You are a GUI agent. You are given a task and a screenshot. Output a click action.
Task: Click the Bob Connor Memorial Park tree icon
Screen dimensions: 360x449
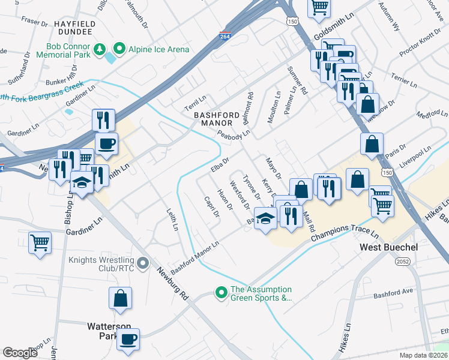[102, 49]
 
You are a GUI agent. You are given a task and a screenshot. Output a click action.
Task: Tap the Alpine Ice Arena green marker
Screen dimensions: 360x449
[119, 49]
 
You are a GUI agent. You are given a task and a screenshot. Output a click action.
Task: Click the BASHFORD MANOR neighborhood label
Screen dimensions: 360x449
[212, 119]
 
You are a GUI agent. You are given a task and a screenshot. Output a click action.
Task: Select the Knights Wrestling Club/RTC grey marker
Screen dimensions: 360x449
[143, 263]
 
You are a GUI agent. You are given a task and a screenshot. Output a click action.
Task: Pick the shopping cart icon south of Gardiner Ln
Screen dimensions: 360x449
[40, 243]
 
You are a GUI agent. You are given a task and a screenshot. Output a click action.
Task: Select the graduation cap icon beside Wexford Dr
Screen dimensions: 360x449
[265, 218]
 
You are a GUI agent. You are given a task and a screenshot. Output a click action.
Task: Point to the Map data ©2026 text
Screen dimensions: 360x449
[422, 355]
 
